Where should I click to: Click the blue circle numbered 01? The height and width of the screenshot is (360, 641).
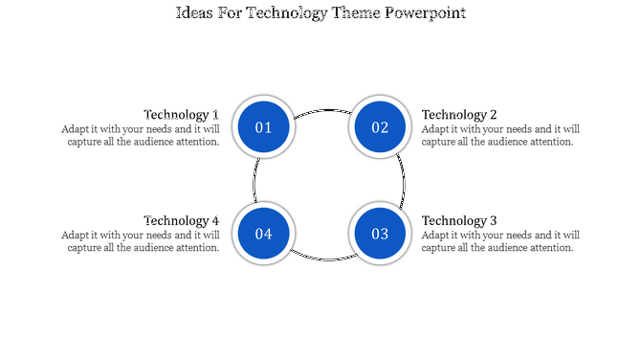pos(263,127)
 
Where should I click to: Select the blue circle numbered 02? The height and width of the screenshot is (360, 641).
pos(380,127)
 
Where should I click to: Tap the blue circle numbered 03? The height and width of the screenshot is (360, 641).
pos(380,234)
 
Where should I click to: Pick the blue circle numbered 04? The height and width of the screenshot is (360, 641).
pos(263,234)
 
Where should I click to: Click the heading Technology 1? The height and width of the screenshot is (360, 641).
pos(181,114)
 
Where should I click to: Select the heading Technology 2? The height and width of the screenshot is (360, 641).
pos(459,114)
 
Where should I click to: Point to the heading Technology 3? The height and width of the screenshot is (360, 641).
pos(459,220)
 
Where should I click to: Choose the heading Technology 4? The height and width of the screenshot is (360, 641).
pos(181,220)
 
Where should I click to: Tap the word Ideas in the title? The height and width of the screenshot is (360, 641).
pos(196,14)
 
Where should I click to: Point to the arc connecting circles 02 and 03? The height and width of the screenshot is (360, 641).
pos(404,180)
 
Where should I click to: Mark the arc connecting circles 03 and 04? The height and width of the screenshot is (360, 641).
pos(321,259)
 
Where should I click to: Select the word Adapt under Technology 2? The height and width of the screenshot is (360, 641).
pos(437,128)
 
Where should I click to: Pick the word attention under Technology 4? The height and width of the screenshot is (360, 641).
pos(199,247)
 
